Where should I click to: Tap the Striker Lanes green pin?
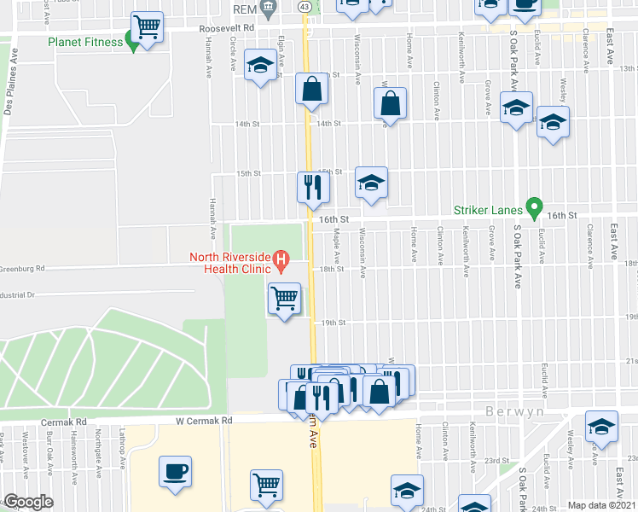[535, 207]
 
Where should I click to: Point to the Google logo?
[27, 503]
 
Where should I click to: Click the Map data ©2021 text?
[602, 505]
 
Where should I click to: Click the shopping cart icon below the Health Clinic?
[285, 300]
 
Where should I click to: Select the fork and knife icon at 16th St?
[313, 188]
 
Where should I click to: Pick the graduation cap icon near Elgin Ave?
[260, 66]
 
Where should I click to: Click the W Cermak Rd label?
[204, 421]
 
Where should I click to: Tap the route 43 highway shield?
[304, 7]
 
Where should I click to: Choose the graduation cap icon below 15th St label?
[371, 183]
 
